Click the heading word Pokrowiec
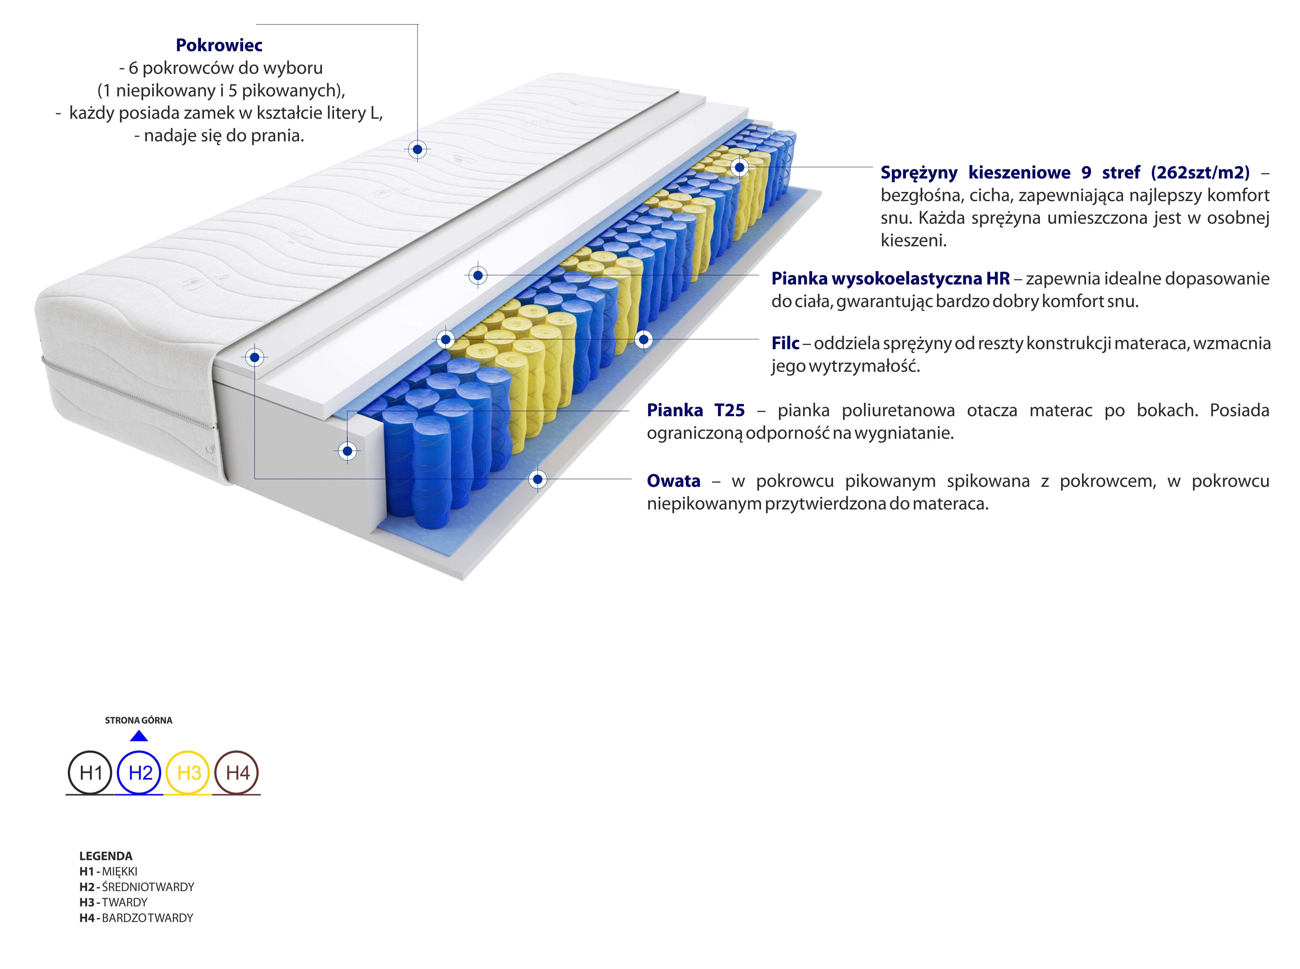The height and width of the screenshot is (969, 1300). [219, 45]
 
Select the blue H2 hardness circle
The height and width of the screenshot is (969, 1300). [139, 773]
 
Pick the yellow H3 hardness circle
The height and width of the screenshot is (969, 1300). [188, 773]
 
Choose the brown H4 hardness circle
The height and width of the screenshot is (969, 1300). [237, 773]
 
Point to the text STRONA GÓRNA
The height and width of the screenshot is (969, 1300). [139, 720]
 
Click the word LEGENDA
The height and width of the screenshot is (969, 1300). [106, 856]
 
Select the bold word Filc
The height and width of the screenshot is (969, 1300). [785, 343]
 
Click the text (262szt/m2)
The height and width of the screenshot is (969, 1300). [1200, 172]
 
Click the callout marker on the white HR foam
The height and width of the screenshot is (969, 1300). [478, 275]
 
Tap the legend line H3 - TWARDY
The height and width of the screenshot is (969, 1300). [113, 902]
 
